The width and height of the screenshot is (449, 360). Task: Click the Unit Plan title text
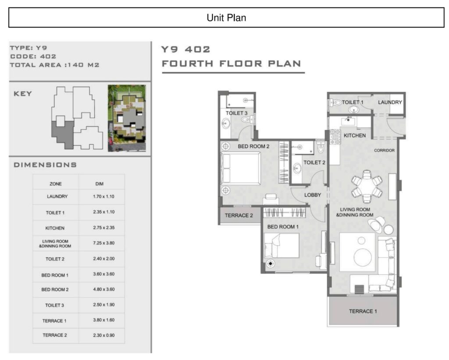tap(226, 18)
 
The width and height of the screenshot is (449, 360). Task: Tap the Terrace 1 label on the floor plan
tap(363, 311)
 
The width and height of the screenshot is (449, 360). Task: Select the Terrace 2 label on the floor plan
tap(239, 215)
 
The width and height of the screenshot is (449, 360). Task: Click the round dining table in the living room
tap(367, 186)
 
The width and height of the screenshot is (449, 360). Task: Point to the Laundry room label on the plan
tap(390, 102)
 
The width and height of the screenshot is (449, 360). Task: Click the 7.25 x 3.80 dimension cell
tap(103, 243)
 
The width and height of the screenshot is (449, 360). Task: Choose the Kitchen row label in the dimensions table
tap(55, 228)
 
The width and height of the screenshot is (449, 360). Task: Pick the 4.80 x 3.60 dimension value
tap(103, 289)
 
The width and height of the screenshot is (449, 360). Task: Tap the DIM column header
tap(100, 184)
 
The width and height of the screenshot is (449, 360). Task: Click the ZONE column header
tap(56, 184)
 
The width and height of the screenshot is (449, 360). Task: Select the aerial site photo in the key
tap(127, 118)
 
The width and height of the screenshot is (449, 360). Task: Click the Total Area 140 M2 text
tap(55, 65)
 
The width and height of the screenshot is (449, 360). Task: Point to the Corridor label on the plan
tap(384, 150)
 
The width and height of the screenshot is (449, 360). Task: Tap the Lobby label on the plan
tap(312, 195)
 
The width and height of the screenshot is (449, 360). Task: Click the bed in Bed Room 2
tap(241, 168)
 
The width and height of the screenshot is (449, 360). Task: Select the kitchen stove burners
tap(335, 137)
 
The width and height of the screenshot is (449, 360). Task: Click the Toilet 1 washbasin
tap(354, 110)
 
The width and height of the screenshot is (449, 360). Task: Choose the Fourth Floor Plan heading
tap(232, 64)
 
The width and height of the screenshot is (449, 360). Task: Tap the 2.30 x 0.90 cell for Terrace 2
tap(103, 335)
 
